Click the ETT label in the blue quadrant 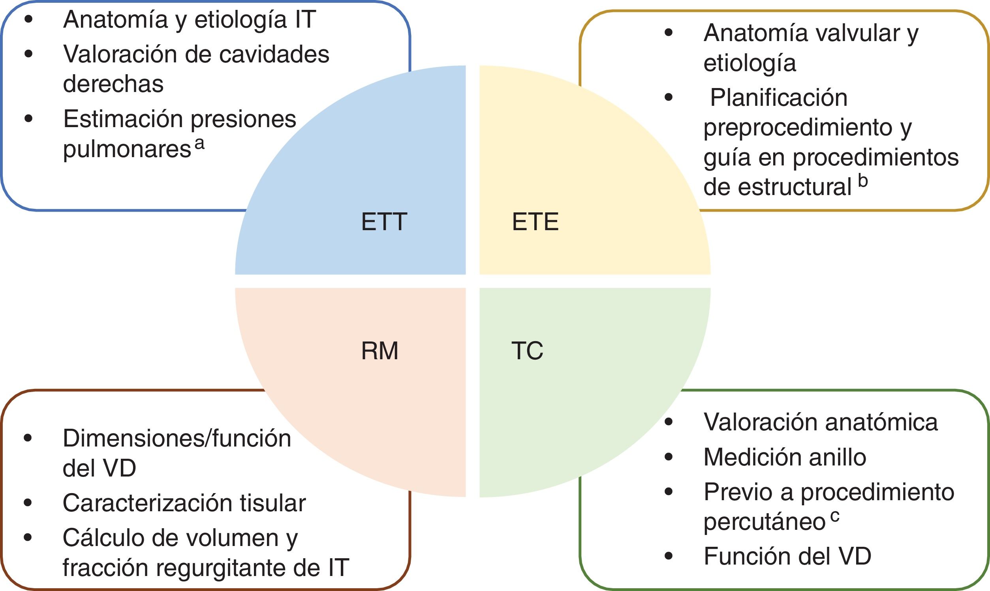coord(384,222)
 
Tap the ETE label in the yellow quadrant coord(535,222)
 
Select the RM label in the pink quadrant coord(379,351)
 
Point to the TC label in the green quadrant coord(527,351)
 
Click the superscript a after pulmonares coord(199,144)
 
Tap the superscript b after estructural coord(862,181)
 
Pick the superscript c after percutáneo coord(835,516)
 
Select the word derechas coord(113,84)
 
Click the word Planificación coord(779,98)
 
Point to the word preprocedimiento coord(798,128)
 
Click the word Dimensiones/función coord(177,439)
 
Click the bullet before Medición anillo coord(669,457)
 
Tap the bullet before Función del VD coord(669,556)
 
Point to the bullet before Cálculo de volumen coord(28,538)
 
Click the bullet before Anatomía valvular coord(669,33)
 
